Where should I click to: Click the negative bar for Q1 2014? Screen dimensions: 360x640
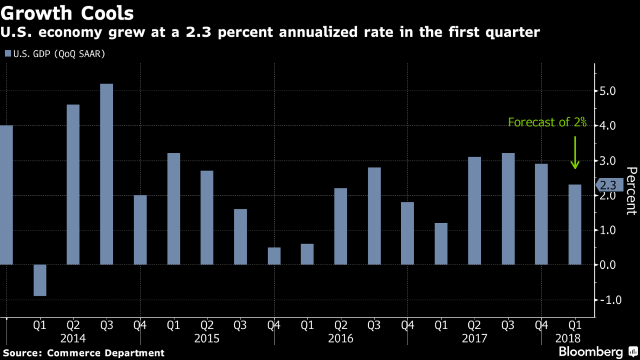coord(40,280)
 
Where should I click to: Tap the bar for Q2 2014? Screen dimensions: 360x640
coord(73,184)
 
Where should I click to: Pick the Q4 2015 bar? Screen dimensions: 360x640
coord(274,256)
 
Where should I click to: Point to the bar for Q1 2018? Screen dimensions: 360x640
coord(575,225)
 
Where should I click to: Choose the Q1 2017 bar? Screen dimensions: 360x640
coord(441,244)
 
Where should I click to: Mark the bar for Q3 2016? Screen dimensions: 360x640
coord(374,216)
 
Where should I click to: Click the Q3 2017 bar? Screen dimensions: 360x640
coord(508,209)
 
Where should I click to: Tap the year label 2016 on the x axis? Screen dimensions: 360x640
coord(340,338)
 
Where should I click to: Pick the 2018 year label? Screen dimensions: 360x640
coord(568,338)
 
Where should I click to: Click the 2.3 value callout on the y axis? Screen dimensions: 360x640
coord(609,185)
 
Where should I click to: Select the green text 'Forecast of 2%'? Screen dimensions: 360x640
coord(547,122)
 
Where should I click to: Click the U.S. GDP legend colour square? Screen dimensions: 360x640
coord(8,54)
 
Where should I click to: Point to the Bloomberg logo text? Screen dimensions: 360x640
coord(590,351)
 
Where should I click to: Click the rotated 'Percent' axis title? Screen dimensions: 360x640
coord(631,191)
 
